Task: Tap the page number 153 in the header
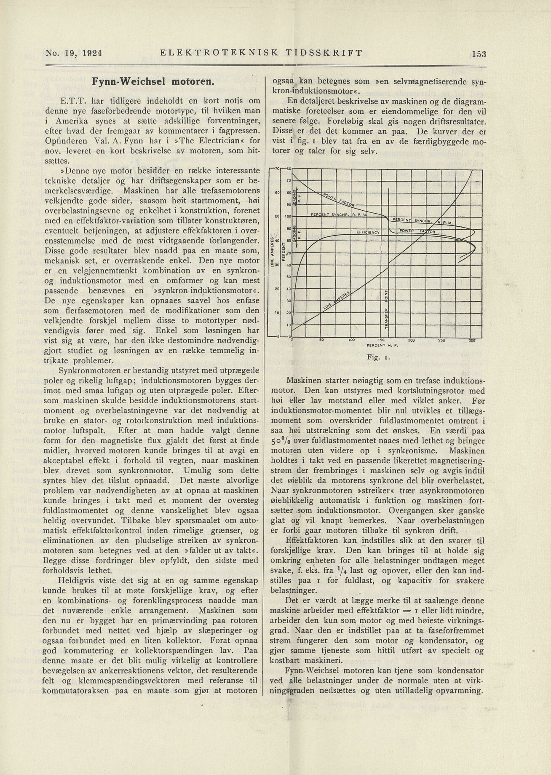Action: (479, 54)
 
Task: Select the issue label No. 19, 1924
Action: (75, 54)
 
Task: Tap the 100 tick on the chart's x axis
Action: (351, 340)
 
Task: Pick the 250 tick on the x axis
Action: (441, 340)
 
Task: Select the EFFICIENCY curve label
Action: (368, 232)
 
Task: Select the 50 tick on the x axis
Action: (321, 340)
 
